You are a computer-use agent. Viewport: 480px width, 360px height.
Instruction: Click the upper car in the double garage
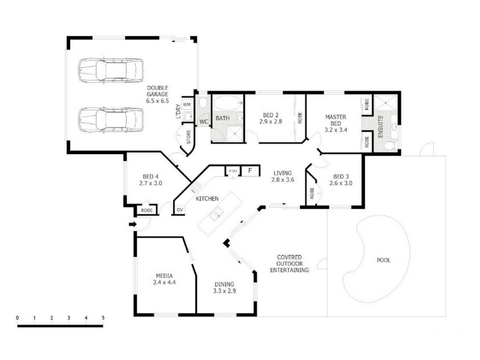tap(111, 70)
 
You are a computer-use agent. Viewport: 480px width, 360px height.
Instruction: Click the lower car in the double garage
tap(111, 119)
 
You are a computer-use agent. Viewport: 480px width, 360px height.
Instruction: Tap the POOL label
tap(383, 260)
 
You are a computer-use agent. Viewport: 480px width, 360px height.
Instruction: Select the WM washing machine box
tap(187, 104)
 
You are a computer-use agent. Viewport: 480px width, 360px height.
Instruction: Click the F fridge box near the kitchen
tap(250, 170)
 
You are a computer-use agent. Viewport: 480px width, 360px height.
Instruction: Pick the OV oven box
tap(179, 209)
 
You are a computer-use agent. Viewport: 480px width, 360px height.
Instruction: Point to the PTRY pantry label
tap(233, 171)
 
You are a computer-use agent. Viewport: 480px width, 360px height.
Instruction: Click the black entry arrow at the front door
tap(133, 224)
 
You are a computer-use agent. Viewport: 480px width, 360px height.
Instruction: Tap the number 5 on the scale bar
tap(103, 318)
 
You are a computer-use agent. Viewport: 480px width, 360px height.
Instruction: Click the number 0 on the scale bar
tap(17, 318)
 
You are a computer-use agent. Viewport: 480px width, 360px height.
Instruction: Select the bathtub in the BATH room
tap(227, 103)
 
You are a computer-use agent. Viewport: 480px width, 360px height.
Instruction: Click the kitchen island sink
tap(216, 213)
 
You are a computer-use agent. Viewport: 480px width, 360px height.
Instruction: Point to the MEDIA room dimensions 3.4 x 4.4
tap(164, 283)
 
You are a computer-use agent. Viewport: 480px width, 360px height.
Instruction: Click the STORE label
tap(188, 137)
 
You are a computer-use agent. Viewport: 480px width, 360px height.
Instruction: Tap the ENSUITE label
tap(380, 127)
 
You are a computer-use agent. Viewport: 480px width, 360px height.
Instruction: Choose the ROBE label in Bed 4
tap(146, 211)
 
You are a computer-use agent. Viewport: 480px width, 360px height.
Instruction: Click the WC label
tap(204, 122)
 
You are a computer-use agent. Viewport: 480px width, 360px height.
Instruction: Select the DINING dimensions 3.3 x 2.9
tap(224, 291)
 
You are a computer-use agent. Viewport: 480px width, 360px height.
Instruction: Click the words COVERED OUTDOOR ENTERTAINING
tap(289, 263)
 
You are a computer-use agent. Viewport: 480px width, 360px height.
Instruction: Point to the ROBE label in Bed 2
tap(300, 118)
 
